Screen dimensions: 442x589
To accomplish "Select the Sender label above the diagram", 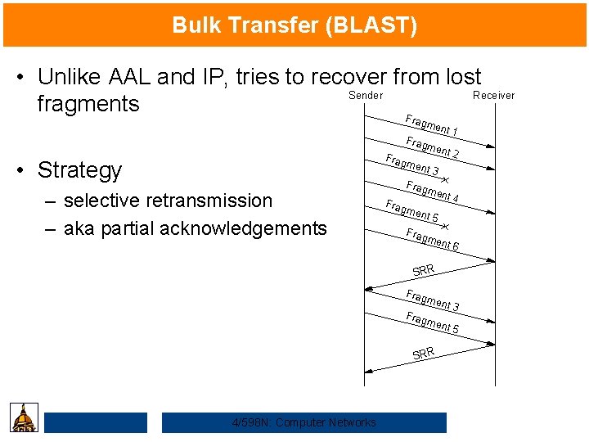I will point(365,95).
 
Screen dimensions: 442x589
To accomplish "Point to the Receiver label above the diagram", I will point(494,95).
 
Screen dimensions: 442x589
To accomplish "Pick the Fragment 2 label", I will point(433,148).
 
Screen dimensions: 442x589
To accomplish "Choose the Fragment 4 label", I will point(433,191).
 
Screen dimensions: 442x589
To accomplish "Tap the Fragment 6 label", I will point(433,240).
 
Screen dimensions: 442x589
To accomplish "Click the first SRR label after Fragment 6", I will point(424,269).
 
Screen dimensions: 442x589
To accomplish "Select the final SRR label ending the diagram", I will point(424,353).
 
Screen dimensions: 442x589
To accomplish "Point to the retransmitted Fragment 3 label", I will point(433,300).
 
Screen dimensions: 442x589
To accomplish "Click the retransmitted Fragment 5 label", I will point(433,323).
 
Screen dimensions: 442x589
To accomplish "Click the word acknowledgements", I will point(243,228).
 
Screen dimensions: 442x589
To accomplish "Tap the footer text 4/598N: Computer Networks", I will point(303,422).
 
